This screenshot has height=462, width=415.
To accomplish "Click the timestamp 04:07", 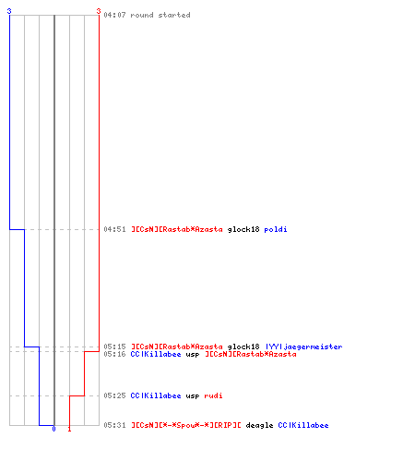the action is pyautogui.click(x=114, y=15).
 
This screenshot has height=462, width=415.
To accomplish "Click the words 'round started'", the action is pyautogui.click(x=160, y=15).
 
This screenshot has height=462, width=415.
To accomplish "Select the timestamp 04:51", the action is pyautogui.click(x=114, y=229).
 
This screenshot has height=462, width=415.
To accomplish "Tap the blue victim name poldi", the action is pyautogui.click(x=276, y=229).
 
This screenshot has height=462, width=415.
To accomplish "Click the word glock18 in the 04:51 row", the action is pyautogui.click(x=243, y=229).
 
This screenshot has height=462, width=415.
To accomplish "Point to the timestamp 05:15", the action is pyautogui.click(x=114, y=346).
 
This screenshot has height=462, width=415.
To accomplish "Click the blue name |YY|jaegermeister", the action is pyautogui.click(x=303, y=346).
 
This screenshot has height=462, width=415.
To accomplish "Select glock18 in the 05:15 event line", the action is pyautogui.click(x=243, y=346).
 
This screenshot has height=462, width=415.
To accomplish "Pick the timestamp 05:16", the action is pyautogui.click(x=114, y=354).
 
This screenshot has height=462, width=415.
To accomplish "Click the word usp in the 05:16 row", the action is pyautogui.click(x=193, y=355).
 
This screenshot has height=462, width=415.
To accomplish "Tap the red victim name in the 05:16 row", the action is pyautogui.click(x=251, y=354).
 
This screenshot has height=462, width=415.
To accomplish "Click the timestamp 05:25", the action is pyautogui.click(x=114, y=395).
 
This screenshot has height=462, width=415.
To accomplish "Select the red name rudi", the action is pyautogui.click(x=213, y=395).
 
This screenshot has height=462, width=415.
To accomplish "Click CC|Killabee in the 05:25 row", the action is pyautogui.click(x=156, y=395).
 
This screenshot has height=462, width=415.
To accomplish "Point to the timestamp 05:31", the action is pyautogui.click(x=114, y=425).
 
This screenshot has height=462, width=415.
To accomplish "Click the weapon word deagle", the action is pyautogui.click(x=259, y=425).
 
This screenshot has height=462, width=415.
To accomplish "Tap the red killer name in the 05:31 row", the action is pyautogui.click(x=186, y=425).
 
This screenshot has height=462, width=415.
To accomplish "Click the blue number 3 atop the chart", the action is pyautogui.click(x=9, y=11).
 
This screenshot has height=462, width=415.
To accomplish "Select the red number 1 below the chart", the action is pyautogui.click(x=69, y=429).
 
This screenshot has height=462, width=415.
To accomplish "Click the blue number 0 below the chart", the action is pyautogui.click(x=53, y=429).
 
